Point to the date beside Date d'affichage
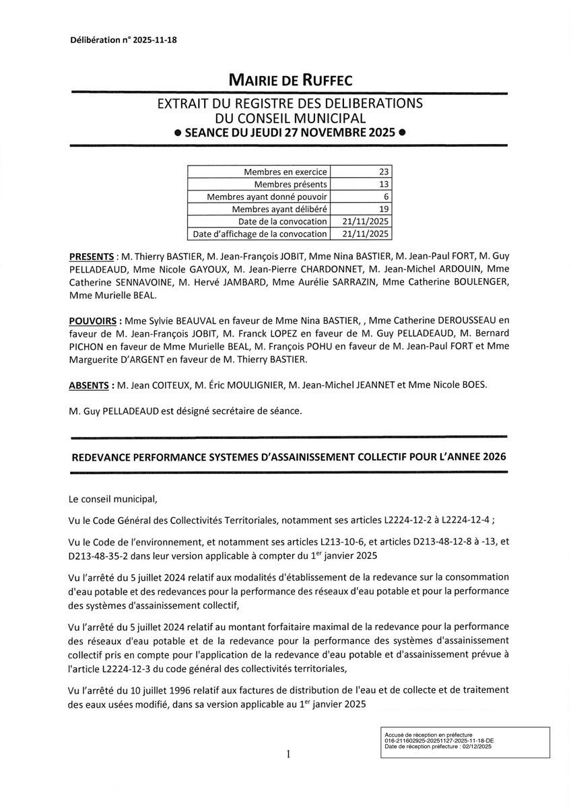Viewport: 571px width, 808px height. tap(366, 234)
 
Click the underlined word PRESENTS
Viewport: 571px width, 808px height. tap(92, 257)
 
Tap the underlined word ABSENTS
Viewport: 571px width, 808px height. tap(90, 385)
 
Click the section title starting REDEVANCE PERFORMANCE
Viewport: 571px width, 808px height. tap(288, 456)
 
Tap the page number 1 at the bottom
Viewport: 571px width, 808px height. tap(288, 754)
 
